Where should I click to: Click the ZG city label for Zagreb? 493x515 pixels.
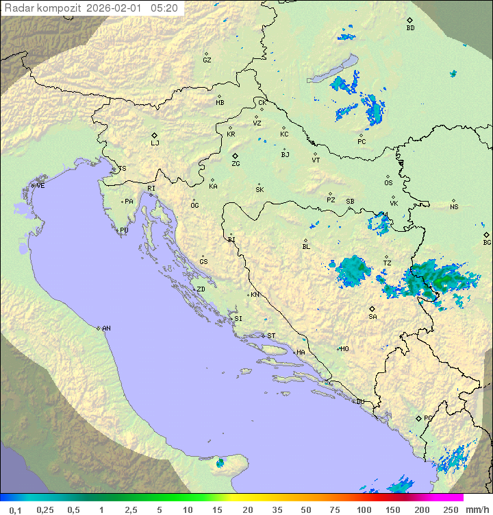pos(236,164)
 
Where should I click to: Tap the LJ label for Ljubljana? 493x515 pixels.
pos(155,143)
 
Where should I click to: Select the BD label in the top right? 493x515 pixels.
pos(410,28)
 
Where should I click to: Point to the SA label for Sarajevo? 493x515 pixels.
pos(372,317)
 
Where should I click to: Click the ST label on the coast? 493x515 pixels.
pos(271,336)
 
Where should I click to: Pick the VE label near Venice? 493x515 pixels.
pos(40,186)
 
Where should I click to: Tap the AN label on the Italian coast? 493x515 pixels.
pos(106,328)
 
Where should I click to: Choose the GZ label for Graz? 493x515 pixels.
pos(207,60)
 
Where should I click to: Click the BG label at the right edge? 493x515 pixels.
pos(487,243)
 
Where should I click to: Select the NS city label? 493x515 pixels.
pos(454,207)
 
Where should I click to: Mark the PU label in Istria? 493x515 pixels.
pos(124,230)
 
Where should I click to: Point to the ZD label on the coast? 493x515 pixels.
pos(201,289)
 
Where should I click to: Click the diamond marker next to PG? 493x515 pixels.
pos(419,418)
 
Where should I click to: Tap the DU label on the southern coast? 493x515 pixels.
pos(360,402)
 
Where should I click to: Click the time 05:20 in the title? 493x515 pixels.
pos(164,8)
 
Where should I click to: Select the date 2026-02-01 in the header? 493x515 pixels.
pos(116,8)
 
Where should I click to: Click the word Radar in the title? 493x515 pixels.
pos(18,8)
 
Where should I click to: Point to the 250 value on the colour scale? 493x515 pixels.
pos(451,510)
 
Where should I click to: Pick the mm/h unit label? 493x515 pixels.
pos(477,510)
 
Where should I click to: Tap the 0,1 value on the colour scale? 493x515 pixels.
pos(15,510)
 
